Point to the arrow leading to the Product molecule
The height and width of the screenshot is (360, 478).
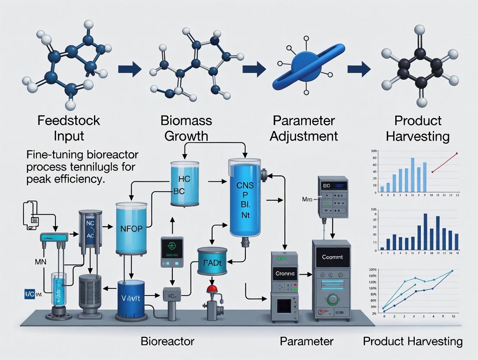359,68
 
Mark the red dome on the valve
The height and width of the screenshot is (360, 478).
212,289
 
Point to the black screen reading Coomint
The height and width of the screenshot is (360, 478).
333,257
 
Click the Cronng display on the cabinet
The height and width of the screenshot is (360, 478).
285,273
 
